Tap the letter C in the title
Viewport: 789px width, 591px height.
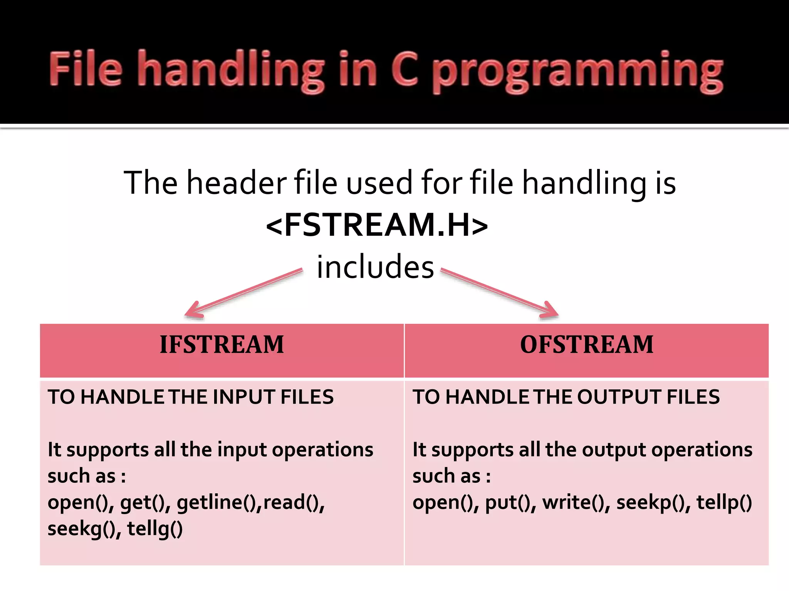(x=405, y=69)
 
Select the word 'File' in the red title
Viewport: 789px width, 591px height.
(x=86, y=69)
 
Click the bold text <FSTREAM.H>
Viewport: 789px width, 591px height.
(x=377, y=225)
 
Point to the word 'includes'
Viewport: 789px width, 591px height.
(x=375, y=267)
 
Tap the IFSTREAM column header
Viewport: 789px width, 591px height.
(x=222, y=344)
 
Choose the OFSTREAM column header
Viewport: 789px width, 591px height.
(x=586, y=344)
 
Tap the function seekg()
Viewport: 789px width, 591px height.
(x=81, y=529)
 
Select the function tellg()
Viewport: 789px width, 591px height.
(x=155, y=529)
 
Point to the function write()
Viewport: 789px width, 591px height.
(x=574, y=503)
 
